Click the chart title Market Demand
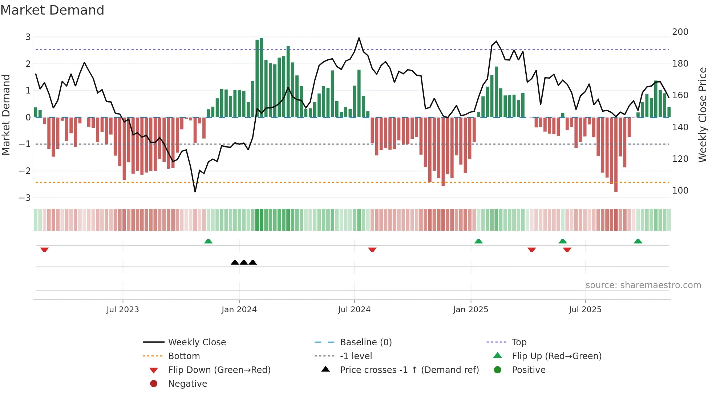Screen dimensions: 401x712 52,10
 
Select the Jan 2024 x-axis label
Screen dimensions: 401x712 239,310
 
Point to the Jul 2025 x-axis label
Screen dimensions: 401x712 585,310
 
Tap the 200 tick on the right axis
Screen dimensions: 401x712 680,32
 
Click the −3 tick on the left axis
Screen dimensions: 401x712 25,198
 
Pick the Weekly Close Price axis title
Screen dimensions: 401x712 703,115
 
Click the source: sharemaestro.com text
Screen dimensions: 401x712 643,285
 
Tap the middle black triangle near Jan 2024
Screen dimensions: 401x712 244,262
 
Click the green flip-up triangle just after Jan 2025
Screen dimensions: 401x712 478,241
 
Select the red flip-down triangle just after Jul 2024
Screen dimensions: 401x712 372,250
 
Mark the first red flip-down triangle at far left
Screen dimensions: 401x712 44,250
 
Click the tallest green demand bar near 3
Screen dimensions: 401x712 262,77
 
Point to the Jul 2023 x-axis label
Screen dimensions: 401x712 122,310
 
